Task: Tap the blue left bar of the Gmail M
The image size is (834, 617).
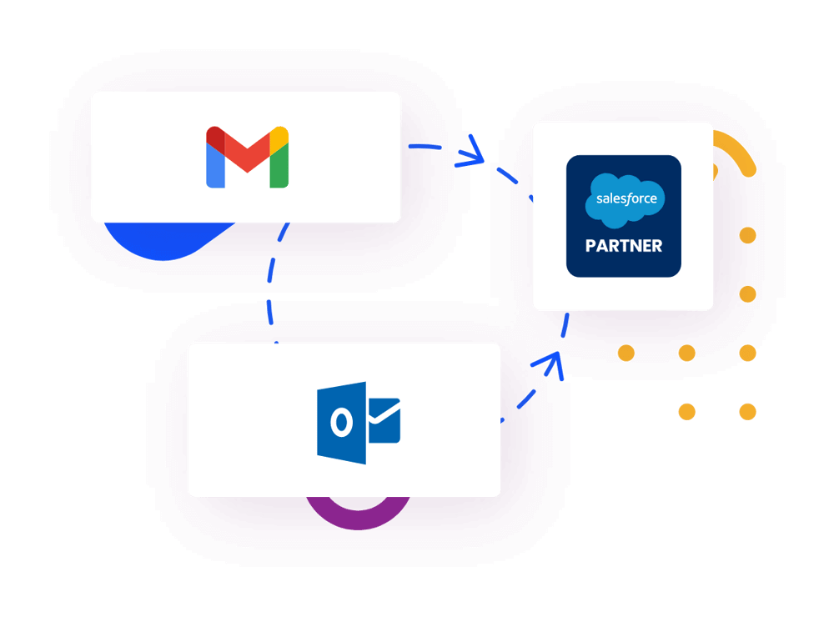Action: click(215, 167)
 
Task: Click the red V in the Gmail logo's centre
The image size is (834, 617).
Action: click(247, 155)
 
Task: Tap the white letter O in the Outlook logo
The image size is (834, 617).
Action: click(339, 424)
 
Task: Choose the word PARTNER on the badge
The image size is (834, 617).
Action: click(624, 246)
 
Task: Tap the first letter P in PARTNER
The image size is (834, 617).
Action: click(590, 246)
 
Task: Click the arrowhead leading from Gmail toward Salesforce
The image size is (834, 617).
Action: click(475, 155)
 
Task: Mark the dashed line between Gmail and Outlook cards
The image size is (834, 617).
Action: click(274, 283)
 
